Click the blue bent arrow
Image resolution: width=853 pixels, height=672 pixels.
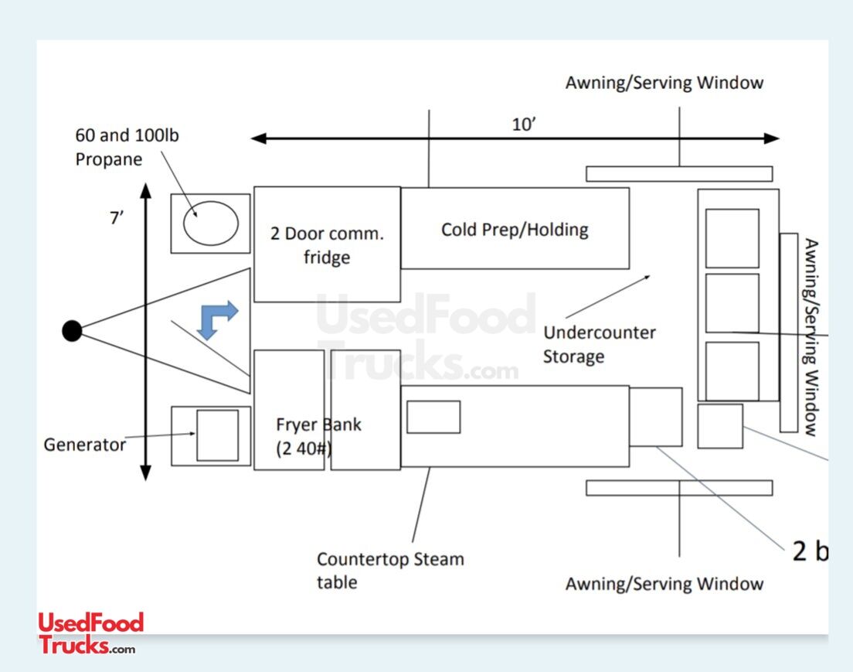[x=217, y=319]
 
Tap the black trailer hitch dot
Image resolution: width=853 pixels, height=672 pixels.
[x=72, y=331]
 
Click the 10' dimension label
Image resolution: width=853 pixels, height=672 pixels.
[x=524, y=125]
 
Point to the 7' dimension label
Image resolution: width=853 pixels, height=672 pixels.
[x=117, y=218]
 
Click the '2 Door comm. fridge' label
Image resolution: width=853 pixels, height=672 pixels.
[x=327, y=245]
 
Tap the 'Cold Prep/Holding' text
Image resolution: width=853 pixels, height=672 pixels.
[x=515, y=230]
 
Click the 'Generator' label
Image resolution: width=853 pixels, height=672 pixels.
[x=84, y=445]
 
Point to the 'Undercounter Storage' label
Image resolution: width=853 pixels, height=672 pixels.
[x=599, y=344]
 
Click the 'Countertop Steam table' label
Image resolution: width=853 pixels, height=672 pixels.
[x=390, y=570]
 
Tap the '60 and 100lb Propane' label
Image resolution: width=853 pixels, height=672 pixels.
[x=127, y=147]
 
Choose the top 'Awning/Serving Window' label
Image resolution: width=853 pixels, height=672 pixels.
[x=664, y=83]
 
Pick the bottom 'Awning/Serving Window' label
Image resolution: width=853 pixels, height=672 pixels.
[x=664, y=583]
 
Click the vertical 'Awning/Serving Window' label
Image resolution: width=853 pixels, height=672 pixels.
[x=810, y=337]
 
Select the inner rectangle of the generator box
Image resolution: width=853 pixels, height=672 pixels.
[x=217, y=435]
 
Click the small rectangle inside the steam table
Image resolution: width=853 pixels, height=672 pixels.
[x=433, y=417]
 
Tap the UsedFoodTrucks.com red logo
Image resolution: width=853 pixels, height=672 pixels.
[x=90, y=633]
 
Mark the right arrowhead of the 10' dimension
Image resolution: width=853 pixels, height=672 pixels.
[x=772, y=138]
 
